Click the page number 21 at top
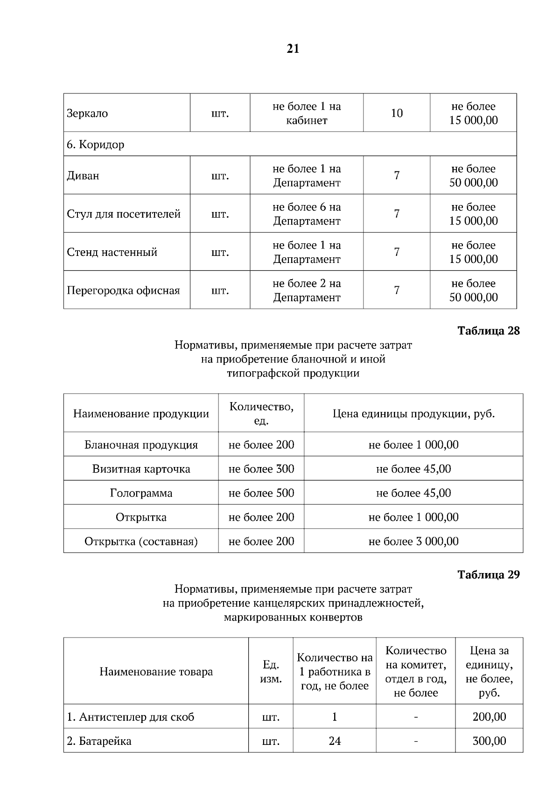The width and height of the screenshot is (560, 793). point(293,49)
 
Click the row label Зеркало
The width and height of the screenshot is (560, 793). point(87,113)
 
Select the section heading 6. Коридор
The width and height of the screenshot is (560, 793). point(96,145)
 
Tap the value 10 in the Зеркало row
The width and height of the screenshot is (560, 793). point(397,113)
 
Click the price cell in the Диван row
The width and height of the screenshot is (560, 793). point(473,176)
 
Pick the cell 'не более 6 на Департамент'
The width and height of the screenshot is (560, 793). point(307,214)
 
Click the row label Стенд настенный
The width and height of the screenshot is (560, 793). point(112,252)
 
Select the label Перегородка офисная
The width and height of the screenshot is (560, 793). point(123,290)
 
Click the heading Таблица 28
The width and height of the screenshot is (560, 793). point(488,331)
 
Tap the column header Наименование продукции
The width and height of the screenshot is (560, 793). point(141,414)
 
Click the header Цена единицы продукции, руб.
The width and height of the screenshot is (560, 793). point(413,414)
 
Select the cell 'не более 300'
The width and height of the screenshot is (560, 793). point(261,469)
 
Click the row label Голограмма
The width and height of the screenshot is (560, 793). point(141,493)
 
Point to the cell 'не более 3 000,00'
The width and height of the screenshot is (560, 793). point(413,541)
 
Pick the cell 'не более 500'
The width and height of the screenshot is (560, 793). point(261,493)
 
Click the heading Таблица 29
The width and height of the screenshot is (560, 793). point(488,575)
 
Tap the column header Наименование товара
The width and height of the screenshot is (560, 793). point(156,672)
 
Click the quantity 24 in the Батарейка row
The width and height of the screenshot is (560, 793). point(335,741)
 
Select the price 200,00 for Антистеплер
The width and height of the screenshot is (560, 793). point(489,717)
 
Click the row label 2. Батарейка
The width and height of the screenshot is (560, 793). point(99,741)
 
